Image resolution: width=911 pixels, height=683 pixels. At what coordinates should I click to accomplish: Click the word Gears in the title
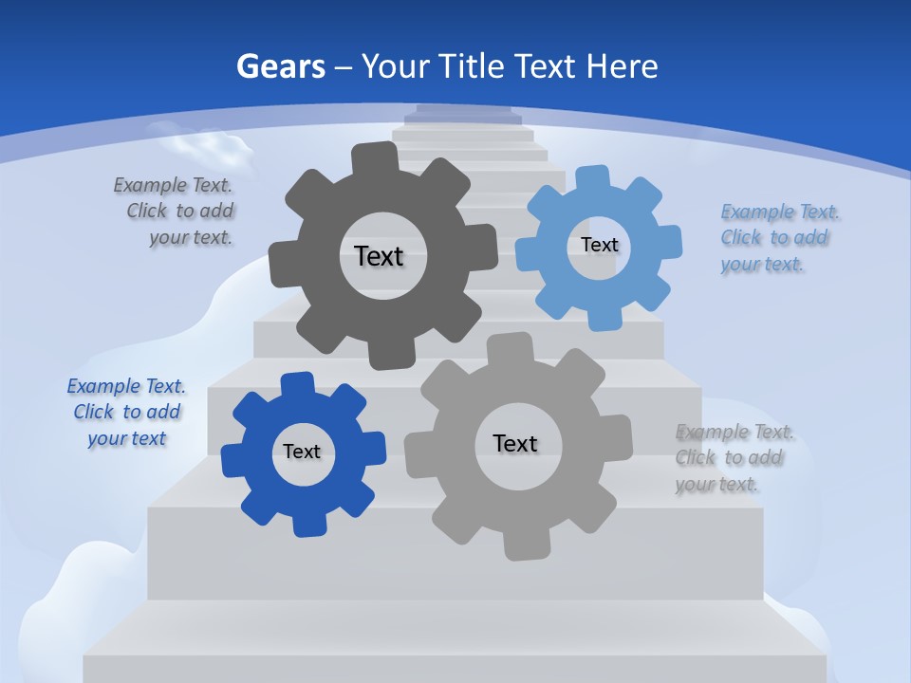point(280,66)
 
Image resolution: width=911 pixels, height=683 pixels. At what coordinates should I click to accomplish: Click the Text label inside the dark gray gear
point(379,256)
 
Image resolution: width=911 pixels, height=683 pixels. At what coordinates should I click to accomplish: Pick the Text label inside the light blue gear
point(599,245)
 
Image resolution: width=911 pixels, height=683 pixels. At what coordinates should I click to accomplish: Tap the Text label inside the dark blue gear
point(302,452)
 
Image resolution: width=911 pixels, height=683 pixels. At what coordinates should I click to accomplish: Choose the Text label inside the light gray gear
point(515,443)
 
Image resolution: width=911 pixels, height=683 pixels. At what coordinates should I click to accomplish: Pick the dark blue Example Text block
point(126,413)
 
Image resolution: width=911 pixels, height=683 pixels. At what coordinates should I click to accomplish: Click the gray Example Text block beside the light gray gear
point(734,458)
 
